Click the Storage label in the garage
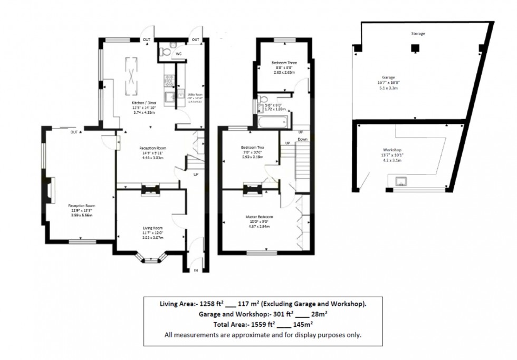tap(418, 33)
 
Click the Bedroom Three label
tap(284, 63)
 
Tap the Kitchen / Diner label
tap(143, 103)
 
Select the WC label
tap(178, 53)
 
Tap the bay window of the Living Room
tap(151, 258)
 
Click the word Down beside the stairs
tap(303, 139)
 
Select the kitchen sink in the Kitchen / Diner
tap(170, 97)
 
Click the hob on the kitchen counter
tap(170, 80)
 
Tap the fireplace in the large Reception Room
tap(51, 190)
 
